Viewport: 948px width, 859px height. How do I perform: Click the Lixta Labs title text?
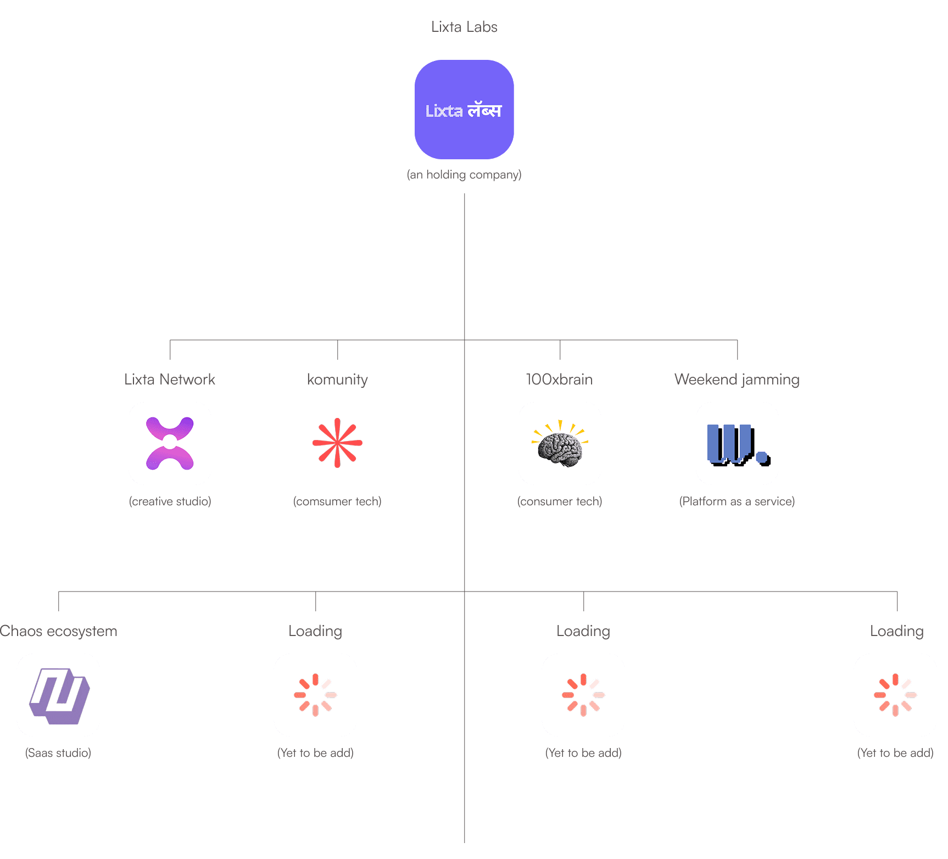(464, 27)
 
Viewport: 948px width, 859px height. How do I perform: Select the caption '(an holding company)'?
(464, 175)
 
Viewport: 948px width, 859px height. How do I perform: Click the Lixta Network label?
(170, 380)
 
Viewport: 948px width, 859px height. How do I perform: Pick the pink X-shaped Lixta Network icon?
(170, 443)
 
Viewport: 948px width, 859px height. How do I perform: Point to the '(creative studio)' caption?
(170, 501)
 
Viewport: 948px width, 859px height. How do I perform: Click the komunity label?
(337, 380)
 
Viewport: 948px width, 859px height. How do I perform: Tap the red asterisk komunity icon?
(337, 443)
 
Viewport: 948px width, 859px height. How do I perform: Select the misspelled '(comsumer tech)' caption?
(337, 501)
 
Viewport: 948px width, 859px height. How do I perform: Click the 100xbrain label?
(559, 380)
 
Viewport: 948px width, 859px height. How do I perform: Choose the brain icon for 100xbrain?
(560, 446)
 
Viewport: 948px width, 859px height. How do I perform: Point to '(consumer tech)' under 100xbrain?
(560, 501)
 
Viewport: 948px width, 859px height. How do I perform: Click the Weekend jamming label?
(737, 380)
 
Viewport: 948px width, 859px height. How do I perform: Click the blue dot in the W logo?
(762, 457)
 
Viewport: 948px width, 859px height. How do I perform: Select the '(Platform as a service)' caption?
(737, 501)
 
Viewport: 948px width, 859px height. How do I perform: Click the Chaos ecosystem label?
(59, 631)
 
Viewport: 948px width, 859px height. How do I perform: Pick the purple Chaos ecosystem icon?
(59, 695)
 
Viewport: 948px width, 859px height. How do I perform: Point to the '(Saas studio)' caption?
(58, 753)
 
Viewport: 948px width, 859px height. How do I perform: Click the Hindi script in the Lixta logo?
(484, 110)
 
